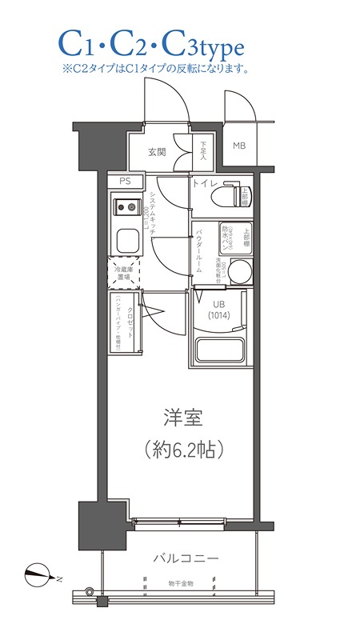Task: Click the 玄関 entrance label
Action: pyautogui.click(x=156, y=152)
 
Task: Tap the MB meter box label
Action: pyautogui.click(x=239, y=146)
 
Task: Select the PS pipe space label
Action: pyautogui.click(x=125, y=182)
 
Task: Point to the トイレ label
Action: pyautogui.click(x=202, y=183)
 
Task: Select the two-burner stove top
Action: pyautogui.click(x=125, y=209)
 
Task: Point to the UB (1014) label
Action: pyautogui.click(x=218, y=308)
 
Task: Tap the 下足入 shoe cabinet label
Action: pyautogui.click(x=203, y=150)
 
